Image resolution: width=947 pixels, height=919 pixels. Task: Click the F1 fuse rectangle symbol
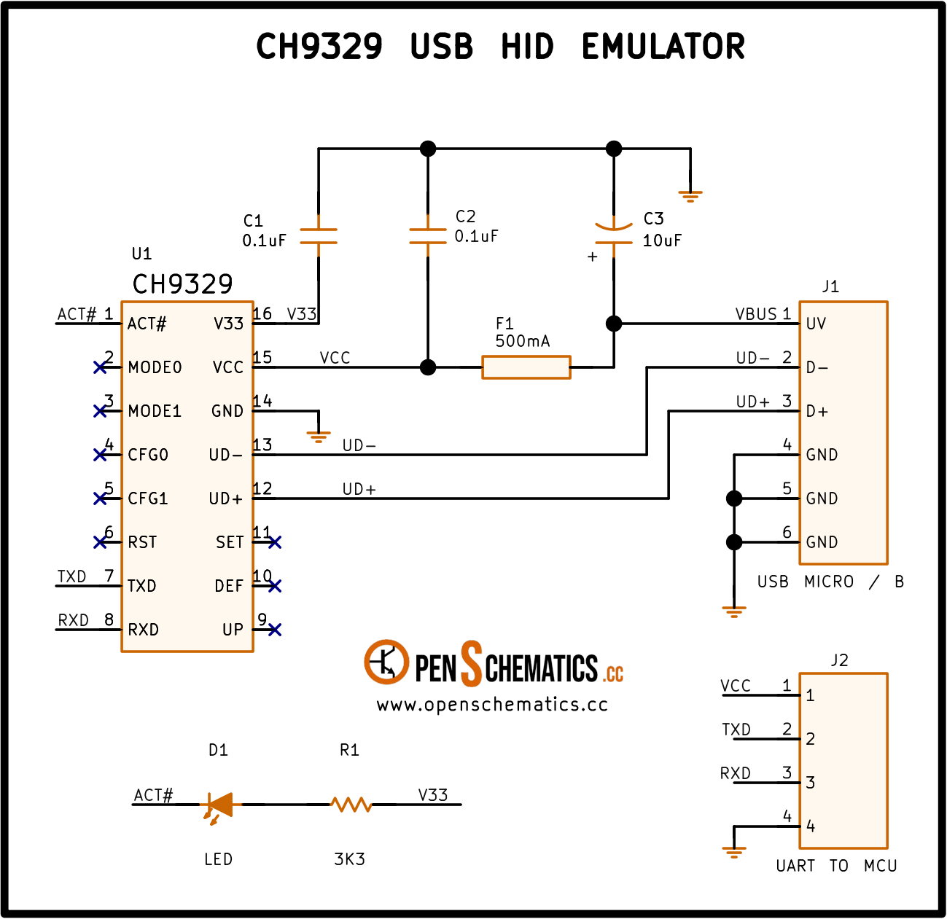click(526, 367)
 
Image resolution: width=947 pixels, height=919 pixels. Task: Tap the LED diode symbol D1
click(219, 805)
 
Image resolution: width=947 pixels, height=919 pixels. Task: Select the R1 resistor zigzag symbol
click(351, 805)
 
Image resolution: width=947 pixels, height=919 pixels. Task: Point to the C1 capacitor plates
click(319, 236)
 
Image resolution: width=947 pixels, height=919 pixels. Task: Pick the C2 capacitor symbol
click(428, 236)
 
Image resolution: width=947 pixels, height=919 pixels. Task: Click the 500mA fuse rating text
click(523, 341)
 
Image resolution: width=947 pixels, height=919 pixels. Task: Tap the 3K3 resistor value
click(349, 859)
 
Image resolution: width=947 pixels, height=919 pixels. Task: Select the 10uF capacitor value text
click(662, 240)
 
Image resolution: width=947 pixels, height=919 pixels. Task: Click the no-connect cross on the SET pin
click(274, 542)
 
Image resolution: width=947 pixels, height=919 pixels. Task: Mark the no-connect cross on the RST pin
click(100, 542)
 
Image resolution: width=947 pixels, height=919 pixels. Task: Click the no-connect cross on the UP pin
click(274, 630)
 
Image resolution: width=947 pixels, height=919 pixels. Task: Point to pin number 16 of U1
click(262, 314)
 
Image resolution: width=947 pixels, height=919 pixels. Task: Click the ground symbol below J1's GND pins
click(734, 612)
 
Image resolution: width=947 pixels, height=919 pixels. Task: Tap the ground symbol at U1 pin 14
click(319, 437)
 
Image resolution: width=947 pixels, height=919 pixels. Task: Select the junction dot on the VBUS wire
click(614, 323)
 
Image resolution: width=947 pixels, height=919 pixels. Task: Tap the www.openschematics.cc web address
click(492, 705)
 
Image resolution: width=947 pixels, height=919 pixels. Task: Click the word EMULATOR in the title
click(663, 47)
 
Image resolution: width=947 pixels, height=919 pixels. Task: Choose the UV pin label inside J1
click(816, 324)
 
